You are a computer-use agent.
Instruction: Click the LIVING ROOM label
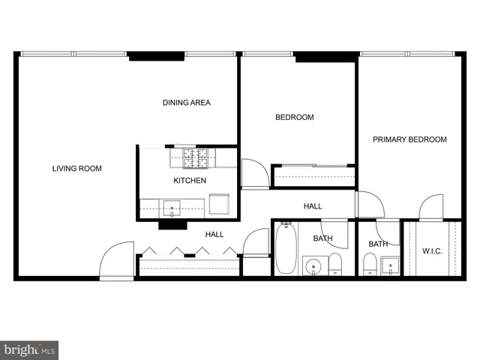coord(76,169)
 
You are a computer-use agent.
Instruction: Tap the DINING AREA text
coord(186,103)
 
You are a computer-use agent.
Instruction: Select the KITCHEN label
coord(190,181)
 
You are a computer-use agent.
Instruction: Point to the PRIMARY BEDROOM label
coord(409,139)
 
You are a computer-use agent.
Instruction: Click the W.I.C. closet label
coord(432,250)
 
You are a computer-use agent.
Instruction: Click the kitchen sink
coord(172,208)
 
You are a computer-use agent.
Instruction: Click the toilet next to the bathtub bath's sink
coord(335,264)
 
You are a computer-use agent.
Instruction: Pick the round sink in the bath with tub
coord(313,265)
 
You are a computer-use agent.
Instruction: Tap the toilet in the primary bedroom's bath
coord(370,265)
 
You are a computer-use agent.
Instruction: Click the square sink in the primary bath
coord(391,265)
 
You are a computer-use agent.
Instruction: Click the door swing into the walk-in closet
coord(431,207)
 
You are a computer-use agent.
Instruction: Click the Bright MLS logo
coord(29,350)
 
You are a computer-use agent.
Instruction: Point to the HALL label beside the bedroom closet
coord(313,206)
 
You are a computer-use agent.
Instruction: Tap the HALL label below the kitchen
coord(214,235)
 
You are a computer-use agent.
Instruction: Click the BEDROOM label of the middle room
coord(294,118)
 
